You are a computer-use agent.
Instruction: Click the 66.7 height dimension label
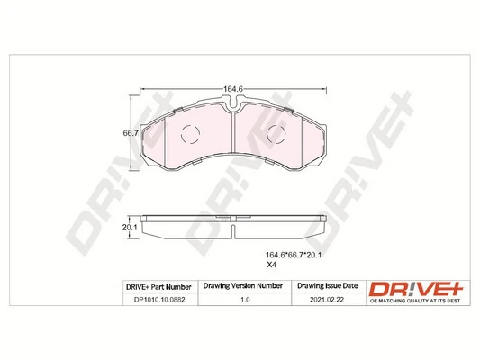131,133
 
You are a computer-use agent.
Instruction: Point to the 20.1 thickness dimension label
130,227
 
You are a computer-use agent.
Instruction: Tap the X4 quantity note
269,265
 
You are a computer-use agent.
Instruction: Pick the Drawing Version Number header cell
242,286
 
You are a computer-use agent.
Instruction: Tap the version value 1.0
242,301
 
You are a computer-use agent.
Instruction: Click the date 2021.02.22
325,301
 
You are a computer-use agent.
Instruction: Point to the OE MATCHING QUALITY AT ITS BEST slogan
412,301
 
